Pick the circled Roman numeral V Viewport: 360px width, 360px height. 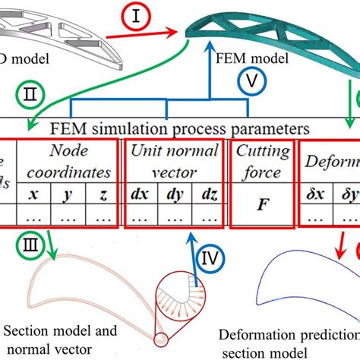(x=256, y=80)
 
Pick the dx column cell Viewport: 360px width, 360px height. (x=139, y=194)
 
